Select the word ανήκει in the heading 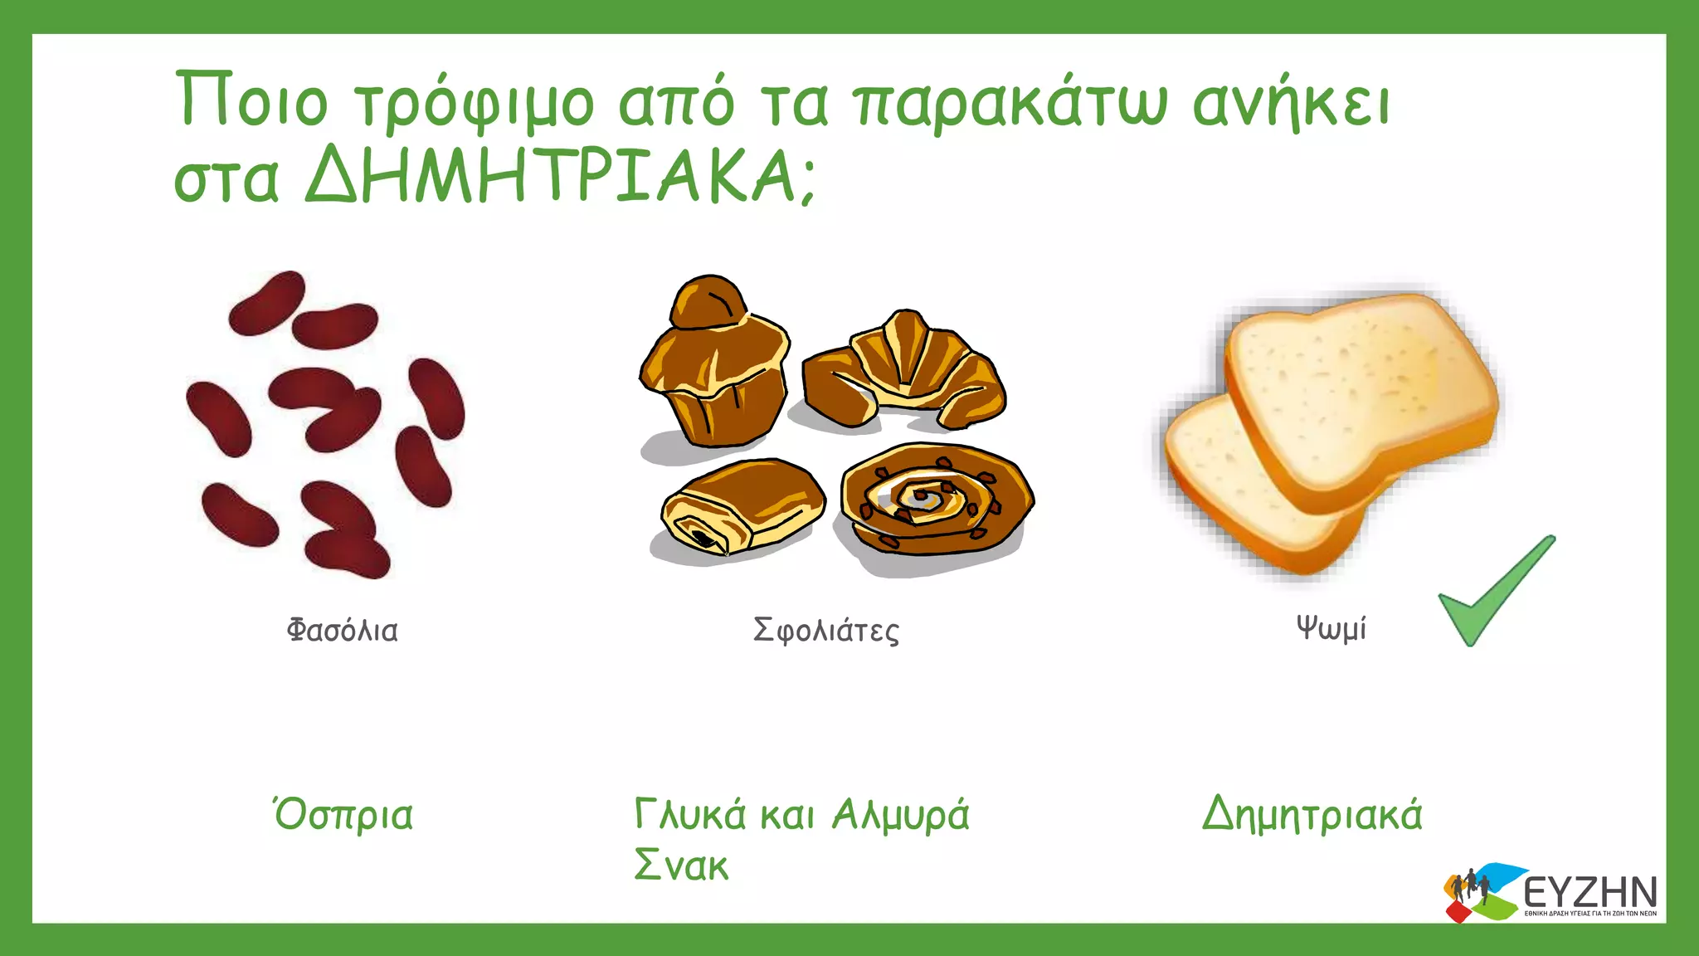(x=1291, y=103)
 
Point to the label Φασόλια (x=342, y=631)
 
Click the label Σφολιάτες (x=825, y=631)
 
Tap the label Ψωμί (x=1331, y=628)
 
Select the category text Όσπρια (x=343, y=815)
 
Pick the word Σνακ (x=681, y=866)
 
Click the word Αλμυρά (x=901, y=815)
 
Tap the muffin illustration (x=713, y=365)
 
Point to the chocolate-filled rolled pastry (x=742, y=507)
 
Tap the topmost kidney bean (x=267, y=302)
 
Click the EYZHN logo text (x=1589, y=893)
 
